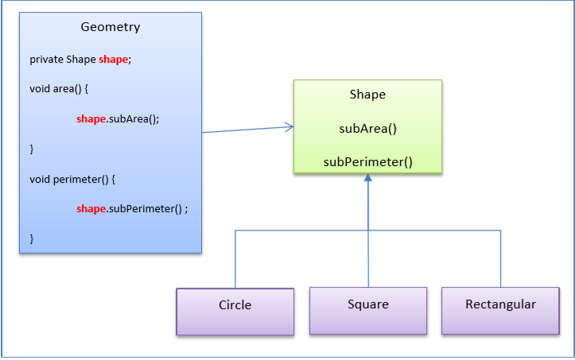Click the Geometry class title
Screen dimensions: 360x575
111,27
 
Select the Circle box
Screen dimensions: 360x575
235,306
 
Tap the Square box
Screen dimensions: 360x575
368,305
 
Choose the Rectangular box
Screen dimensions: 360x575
500,305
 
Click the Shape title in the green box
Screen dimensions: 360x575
367,95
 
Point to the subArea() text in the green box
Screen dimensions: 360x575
367,128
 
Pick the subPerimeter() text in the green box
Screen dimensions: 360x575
367,162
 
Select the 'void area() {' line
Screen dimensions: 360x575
58,89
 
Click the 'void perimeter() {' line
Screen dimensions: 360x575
72,179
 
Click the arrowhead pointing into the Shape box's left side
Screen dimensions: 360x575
289,126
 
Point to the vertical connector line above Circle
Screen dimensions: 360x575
235,258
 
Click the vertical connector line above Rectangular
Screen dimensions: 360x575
500,258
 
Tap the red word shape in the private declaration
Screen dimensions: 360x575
113,60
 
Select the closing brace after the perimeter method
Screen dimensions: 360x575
32,238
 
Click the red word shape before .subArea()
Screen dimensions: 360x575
91,119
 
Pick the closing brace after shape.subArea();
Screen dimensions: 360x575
32,149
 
